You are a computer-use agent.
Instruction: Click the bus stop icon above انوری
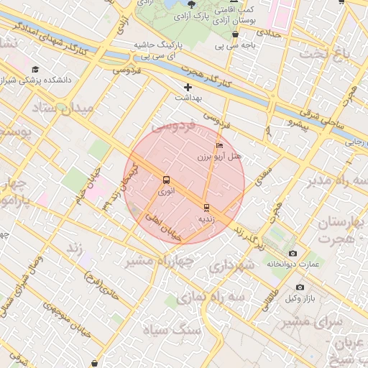coord(167,180)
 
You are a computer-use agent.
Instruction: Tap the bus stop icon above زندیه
coord(207,208)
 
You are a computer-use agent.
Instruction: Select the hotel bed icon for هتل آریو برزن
coord(219,146)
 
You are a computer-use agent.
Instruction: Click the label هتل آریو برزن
coord(221,156)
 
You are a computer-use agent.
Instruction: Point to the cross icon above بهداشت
coord(188,86)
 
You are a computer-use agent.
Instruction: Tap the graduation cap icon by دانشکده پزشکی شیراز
coord(36,69)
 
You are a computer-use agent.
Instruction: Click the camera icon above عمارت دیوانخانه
coord(292,254)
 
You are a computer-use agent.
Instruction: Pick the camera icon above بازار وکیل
coord(300,287)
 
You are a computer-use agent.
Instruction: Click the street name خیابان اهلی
coord(162,224)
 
